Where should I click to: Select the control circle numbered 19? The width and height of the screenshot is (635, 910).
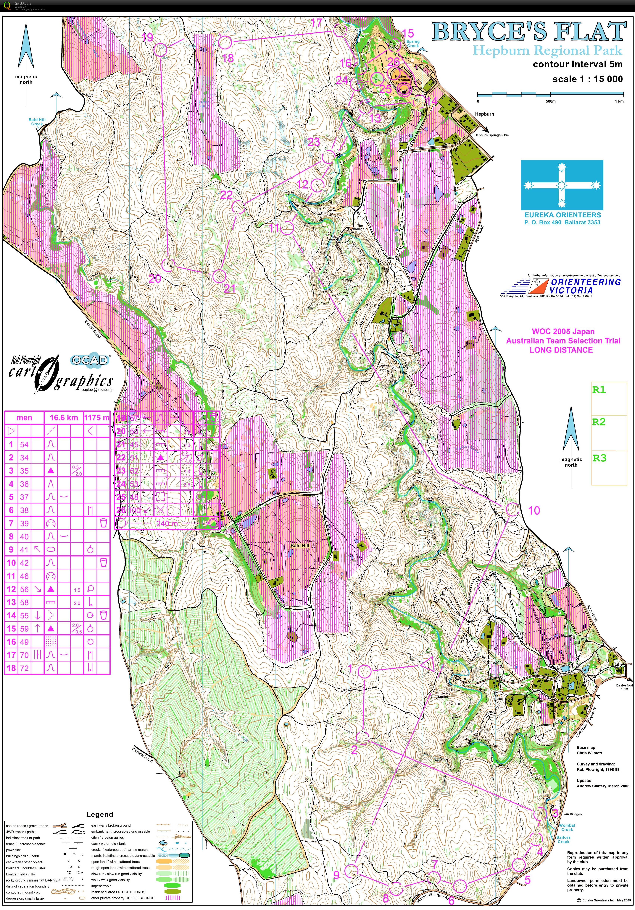click(160, 50)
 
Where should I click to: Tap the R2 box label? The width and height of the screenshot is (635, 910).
click(599, 422)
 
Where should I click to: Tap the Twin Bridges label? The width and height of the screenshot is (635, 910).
click(572, 814)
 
